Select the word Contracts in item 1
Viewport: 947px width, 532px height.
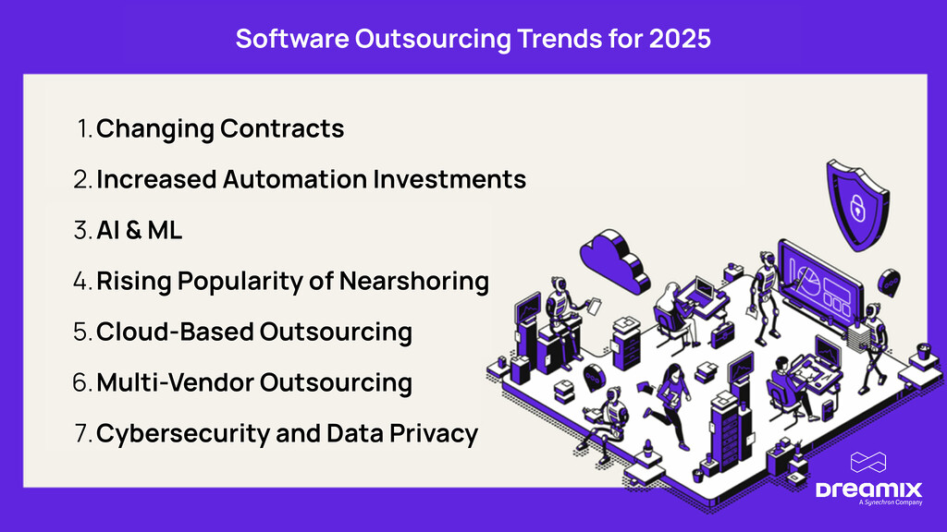point(281,128)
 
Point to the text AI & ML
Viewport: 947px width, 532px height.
point(139,230)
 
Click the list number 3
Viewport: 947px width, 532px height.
point(80,230)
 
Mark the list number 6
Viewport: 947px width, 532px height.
point(80,382)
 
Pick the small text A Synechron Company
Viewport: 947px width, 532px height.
point(879,504)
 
